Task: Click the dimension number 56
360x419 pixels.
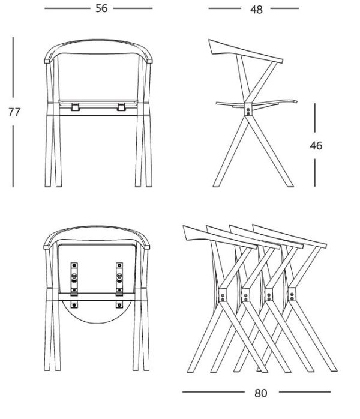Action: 101,8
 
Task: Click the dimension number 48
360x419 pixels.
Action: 256,10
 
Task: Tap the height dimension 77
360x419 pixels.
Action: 14,112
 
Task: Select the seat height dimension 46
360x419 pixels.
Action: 316,146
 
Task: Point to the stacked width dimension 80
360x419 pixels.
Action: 260,393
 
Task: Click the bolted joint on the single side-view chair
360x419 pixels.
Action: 248,109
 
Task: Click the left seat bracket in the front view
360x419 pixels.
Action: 75,107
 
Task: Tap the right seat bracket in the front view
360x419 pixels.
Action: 121,107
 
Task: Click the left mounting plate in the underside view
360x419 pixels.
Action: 74,279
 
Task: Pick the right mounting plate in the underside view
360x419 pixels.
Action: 119,279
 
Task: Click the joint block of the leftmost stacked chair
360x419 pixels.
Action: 223,295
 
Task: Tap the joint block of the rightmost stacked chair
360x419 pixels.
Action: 292,294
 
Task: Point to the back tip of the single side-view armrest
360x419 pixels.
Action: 209,40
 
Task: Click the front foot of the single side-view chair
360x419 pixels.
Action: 290,185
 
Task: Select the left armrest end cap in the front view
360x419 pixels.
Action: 47,61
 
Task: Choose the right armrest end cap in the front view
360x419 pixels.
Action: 149,61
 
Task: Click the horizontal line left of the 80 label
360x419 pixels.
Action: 214,392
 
